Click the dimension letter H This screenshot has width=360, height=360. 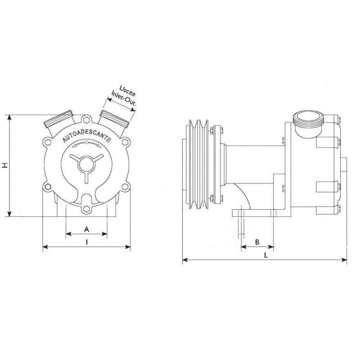tap(5, 165)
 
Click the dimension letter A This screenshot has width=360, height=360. tap(86, 229)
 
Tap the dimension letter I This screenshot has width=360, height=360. tap(86, 242)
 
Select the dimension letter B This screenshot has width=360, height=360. tap(257, 242)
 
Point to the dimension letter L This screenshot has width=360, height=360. tap(265, 255)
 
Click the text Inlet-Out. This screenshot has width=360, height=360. tap(124, 98)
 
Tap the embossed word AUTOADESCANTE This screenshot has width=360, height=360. tap(87, 136)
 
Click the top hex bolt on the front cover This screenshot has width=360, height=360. tap(86, 120)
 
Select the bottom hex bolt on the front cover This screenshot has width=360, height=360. tap(86, 208)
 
